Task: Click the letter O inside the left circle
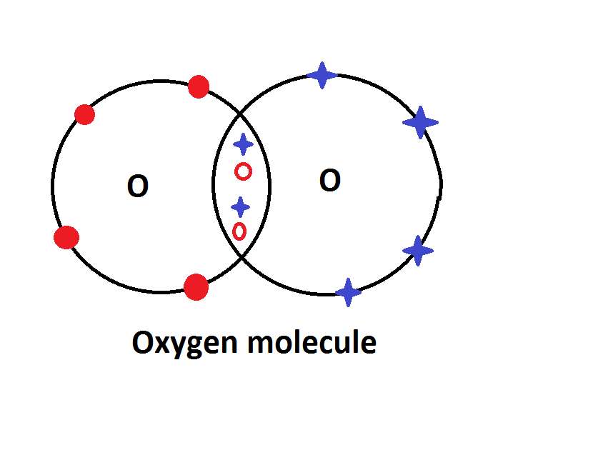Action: click(137, 186)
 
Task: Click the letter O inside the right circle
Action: click(329, 181)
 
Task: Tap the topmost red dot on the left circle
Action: click(199, 88)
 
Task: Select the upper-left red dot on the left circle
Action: click(84, 114)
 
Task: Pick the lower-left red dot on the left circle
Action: click(66, 237)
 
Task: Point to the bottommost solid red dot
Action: click(196, 287)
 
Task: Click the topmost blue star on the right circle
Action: click(322, 75)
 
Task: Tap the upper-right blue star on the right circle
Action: click(420, 123)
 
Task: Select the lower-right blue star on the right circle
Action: click(418, 251)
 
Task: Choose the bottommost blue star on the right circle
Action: click(348, 291)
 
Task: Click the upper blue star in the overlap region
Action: click(244, 144)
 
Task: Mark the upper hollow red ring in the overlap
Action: click(244, 171)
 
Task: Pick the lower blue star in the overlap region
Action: click(241, 207)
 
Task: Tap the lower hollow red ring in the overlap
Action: click(239, 231)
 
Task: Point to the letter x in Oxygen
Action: click(161, 346)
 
